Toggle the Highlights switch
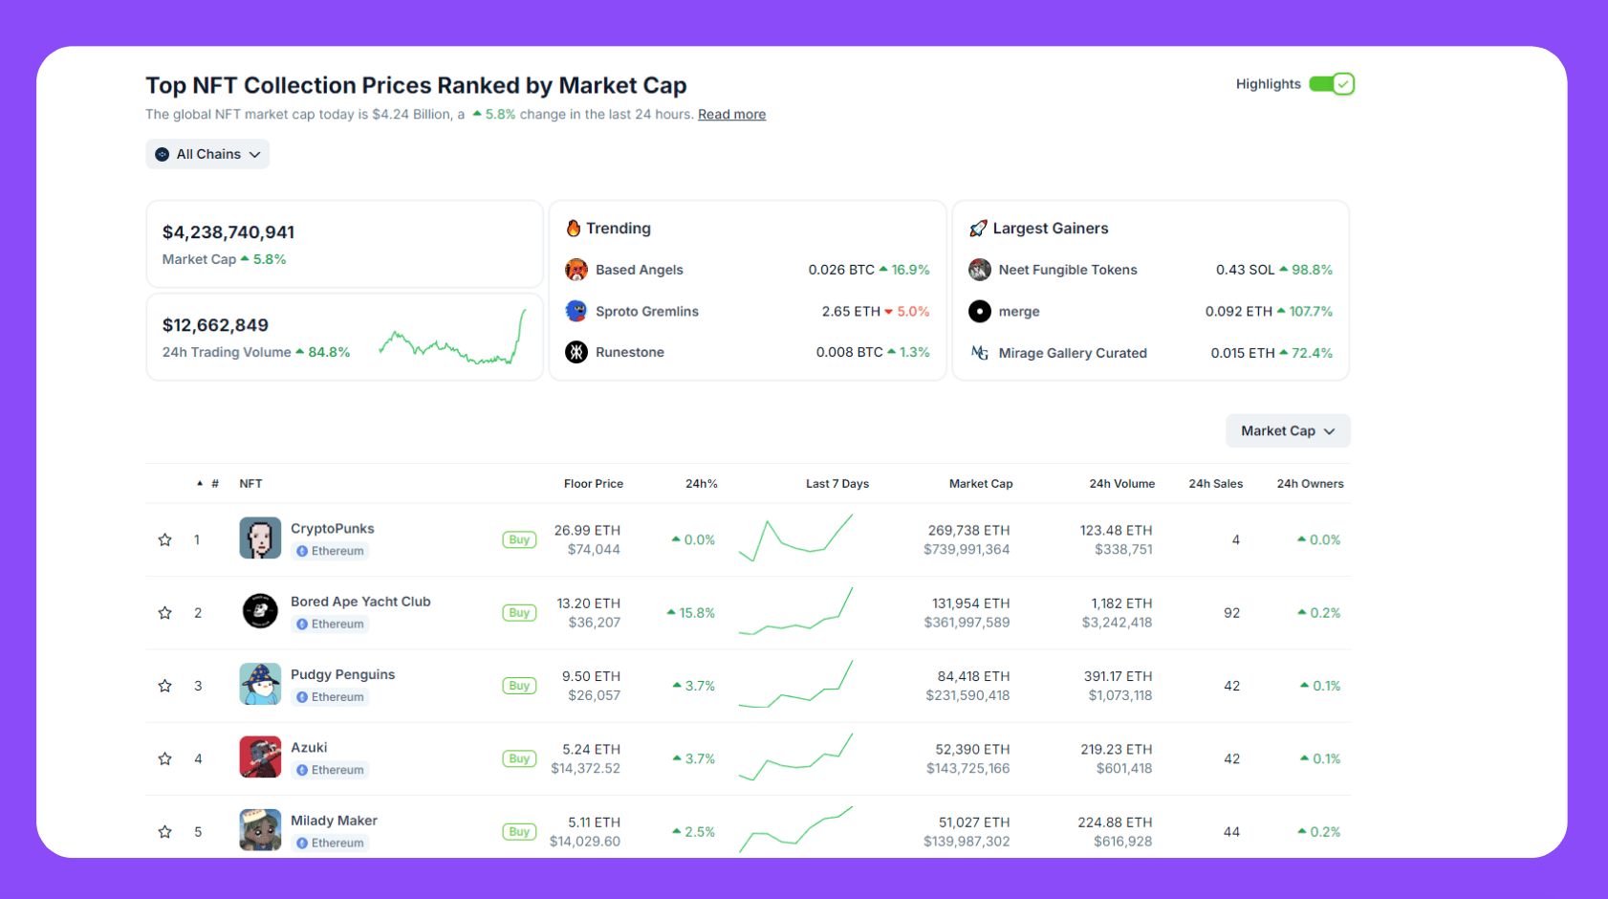tap(1331, 84)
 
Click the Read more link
tap(731, 115)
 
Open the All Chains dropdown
tap(207, 154)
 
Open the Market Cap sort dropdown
tap(1287, 431)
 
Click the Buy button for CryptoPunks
tap(519, 540)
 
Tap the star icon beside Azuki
tap(164, 759)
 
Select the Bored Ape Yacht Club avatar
tap(260, 611)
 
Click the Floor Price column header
tap(593, 484)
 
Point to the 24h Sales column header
tap(1215, 484)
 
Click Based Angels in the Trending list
tap(639, 270)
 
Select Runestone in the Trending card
tap(629, 352)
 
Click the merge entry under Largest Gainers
tap(1018, 312)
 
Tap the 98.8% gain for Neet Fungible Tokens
tap(1311, 270)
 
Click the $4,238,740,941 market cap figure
tap(228, 232)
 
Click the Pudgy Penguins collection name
tap(342, 674)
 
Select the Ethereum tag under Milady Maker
tap(330, 843)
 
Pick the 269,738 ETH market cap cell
tap(968, 530)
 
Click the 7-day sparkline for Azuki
tap(795, 757)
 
